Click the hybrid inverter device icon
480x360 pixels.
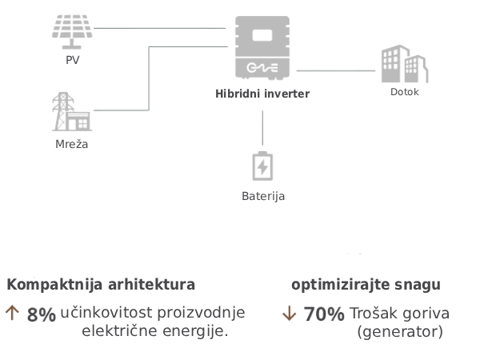pyautogui.click(x=262, y=47)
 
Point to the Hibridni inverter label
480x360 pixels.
pyautogui.click(x=262, y=94)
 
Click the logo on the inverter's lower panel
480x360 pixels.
pyautogui.click(x=262, y=68)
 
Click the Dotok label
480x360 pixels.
pyautogui.click(x=405, y=91)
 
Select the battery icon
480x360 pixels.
pyautogui.click(x=262, y=166)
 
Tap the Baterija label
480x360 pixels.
pyautogui.click(x=262, y=195)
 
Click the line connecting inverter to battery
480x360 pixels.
pyautogui.click(x=262, y=128)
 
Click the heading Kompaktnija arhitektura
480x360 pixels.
pyautogui.click(x=101, y=285)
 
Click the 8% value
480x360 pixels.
pyautogui.click(x=41, y=314)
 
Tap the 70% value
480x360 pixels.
pyautogui.click(x=324, y=314)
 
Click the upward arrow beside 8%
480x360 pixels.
pyautogui.click(x=12, y=314)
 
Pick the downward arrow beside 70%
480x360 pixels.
pyautogui.click(x=289, y=314)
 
